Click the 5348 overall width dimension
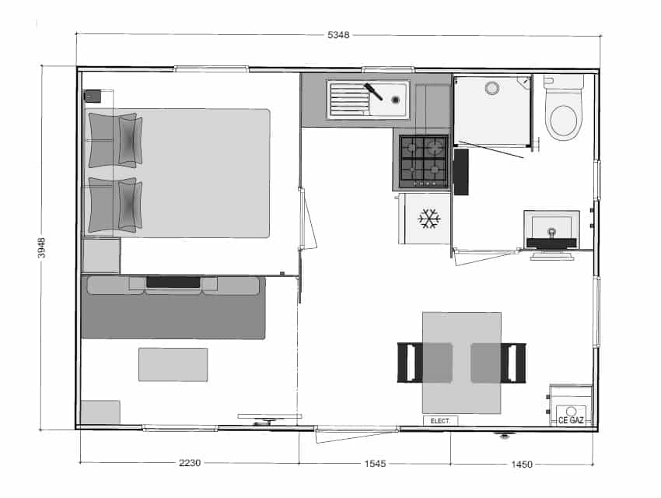(x=338, y=35)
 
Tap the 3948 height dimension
(x=41, y=247)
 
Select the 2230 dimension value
(x=190, y=463)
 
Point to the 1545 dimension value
(x=375, y=464)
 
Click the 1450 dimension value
(x=522, y=465)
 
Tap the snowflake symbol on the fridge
(x=429, y=219)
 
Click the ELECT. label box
(x=440, y=421)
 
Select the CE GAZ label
(x=572, y=420)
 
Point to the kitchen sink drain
(x=395, y=100)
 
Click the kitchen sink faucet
(x=373, y=92)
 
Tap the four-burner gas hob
(x=424, y=160)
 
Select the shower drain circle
(x=492, y=88)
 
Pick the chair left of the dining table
(x=425, y=363)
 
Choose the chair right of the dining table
(x=498, y=363)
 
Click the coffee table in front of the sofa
(x=173, y=365)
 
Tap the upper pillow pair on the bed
(x=114, y=140)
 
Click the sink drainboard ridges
(x=348, y=100)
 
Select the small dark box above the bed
(x=93, y=96)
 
